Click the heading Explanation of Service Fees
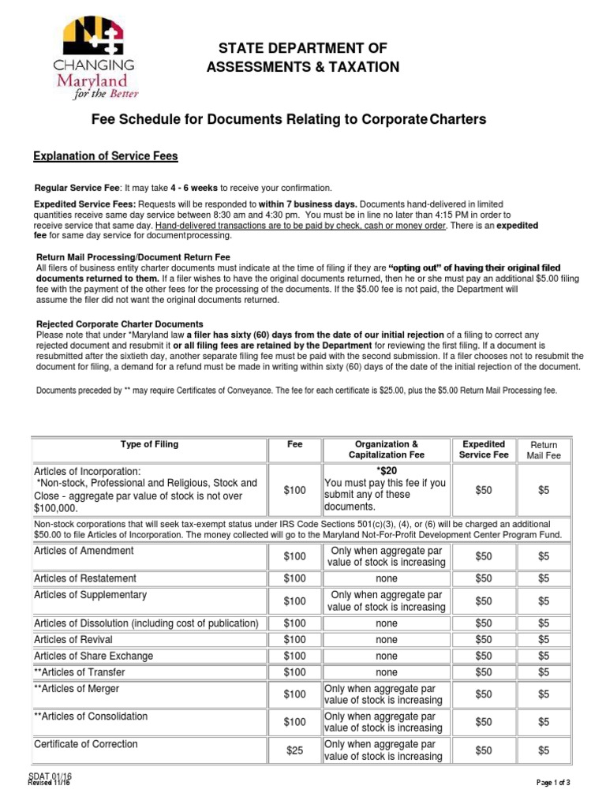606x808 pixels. (x=105, y=157)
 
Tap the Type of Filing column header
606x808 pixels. (x=149, y=444)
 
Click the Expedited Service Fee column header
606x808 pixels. (x=484, y=450)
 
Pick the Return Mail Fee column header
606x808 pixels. (x=544, y=450)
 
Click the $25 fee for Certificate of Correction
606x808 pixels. (x=294, y=751)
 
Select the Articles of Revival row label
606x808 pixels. (x=73, y=640)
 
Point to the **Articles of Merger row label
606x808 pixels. (x=78, y=689)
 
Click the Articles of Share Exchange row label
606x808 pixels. (x=94, y=656)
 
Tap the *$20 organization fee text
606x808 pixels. (x=386, y=469)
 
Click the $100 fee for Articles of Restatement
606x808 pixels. (x=294, y=579)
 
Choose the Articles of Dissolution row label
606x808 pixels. (x=146, y=623)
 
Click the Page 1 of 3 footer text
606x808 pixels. (x=553, y=782)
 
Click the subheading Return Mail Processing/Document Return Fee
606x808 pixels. (x=134, y=257)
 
